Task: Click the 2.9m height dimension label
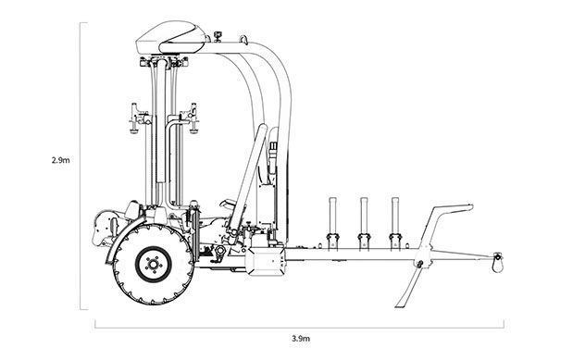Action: (61, 159)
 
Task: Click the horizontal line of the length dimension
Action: (231, 324)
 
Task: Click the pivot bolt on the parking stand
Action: (420, 265)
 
